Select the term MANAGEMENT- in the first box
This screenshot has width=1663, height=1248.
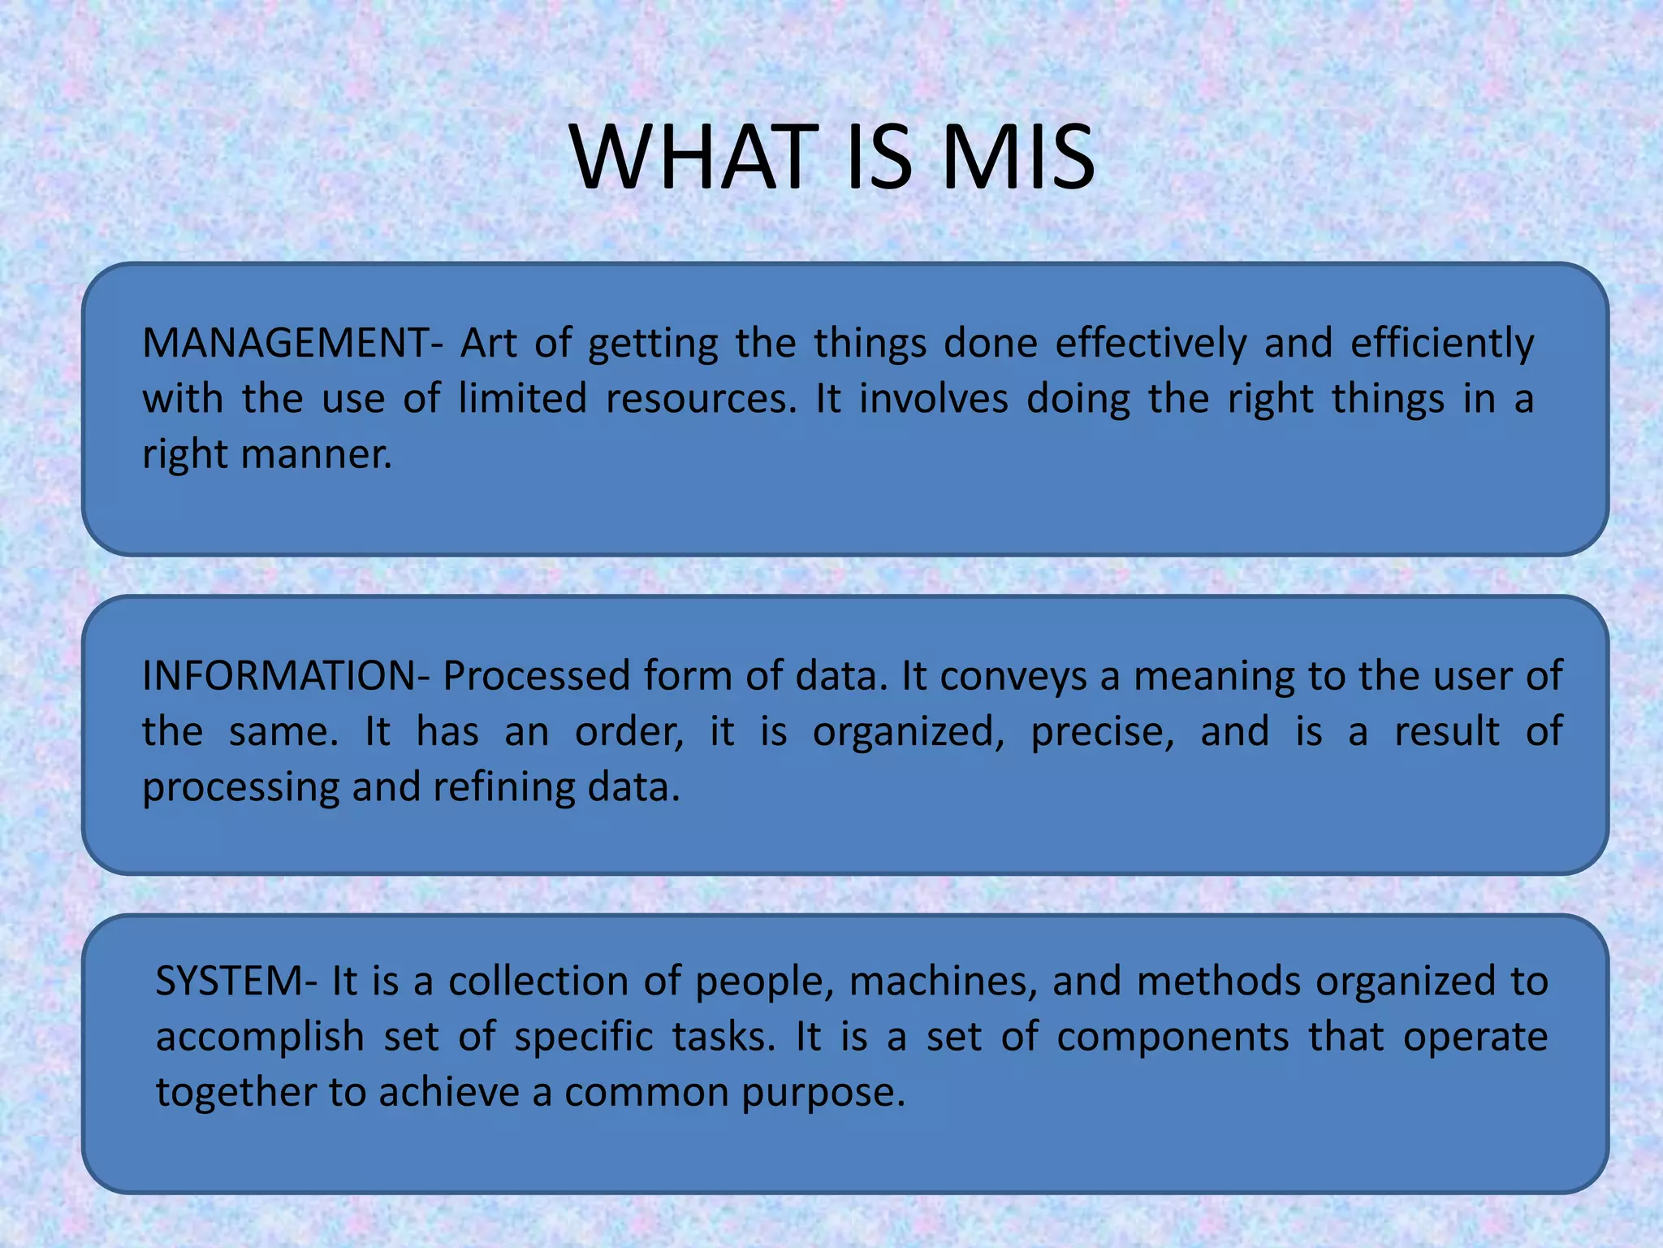[293, 343]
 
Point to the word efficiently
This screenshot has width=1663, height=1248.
[1442, 343]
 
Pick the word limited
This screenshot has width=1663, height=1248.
[522, 399]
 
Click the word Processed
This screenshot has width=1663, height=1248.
[536, 676]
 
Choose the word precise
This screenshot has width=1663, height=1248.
[1103, 732]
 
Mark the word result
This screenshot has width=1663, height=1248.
[1447, 732]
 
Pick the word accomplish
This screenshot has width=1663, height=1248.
[260, 1038]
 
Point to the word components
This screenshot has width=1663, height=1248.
[1173, 1038]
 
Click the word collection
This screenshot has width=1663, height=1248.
[538, 981]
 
